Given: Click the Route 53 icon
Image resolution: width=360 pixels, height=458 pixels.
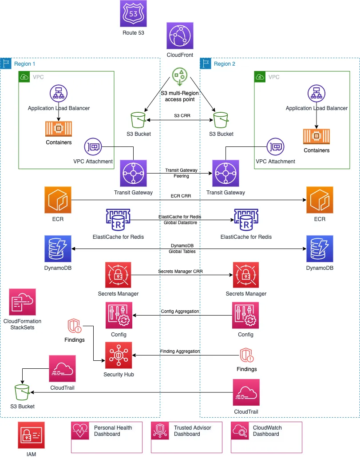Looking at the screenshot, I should coord(133,14).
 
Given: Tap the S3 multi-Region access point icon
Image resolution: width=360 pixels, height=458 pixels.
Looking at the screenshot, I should coord(180,76).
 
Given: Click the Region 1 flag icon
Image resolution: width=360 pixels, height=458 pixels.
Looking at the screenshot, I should coord(6,63).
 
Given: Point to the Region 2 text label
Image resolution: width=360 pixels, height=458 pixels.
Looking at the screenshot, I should coord(224,64).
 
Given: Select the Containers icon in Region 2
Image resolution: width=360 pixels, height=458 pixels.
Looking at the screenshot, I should coord(316,137).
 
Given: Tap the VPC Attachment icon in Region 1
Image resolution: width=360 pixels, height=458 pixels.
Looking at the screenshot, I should coord(93,147).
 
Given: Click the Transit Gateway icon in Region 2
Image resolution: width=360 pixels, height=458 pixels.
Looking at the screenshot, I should coord(225,174).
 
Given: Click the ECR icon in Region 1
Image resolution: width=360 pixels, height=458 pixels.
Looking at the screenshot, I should coord(58,200).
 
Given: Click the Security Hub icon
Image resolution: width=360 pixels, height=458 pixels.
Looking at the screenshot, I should coord(118,355).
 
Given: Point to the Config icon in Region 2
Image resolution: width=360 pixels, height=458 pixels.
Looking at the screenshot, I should coord(245,316).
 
